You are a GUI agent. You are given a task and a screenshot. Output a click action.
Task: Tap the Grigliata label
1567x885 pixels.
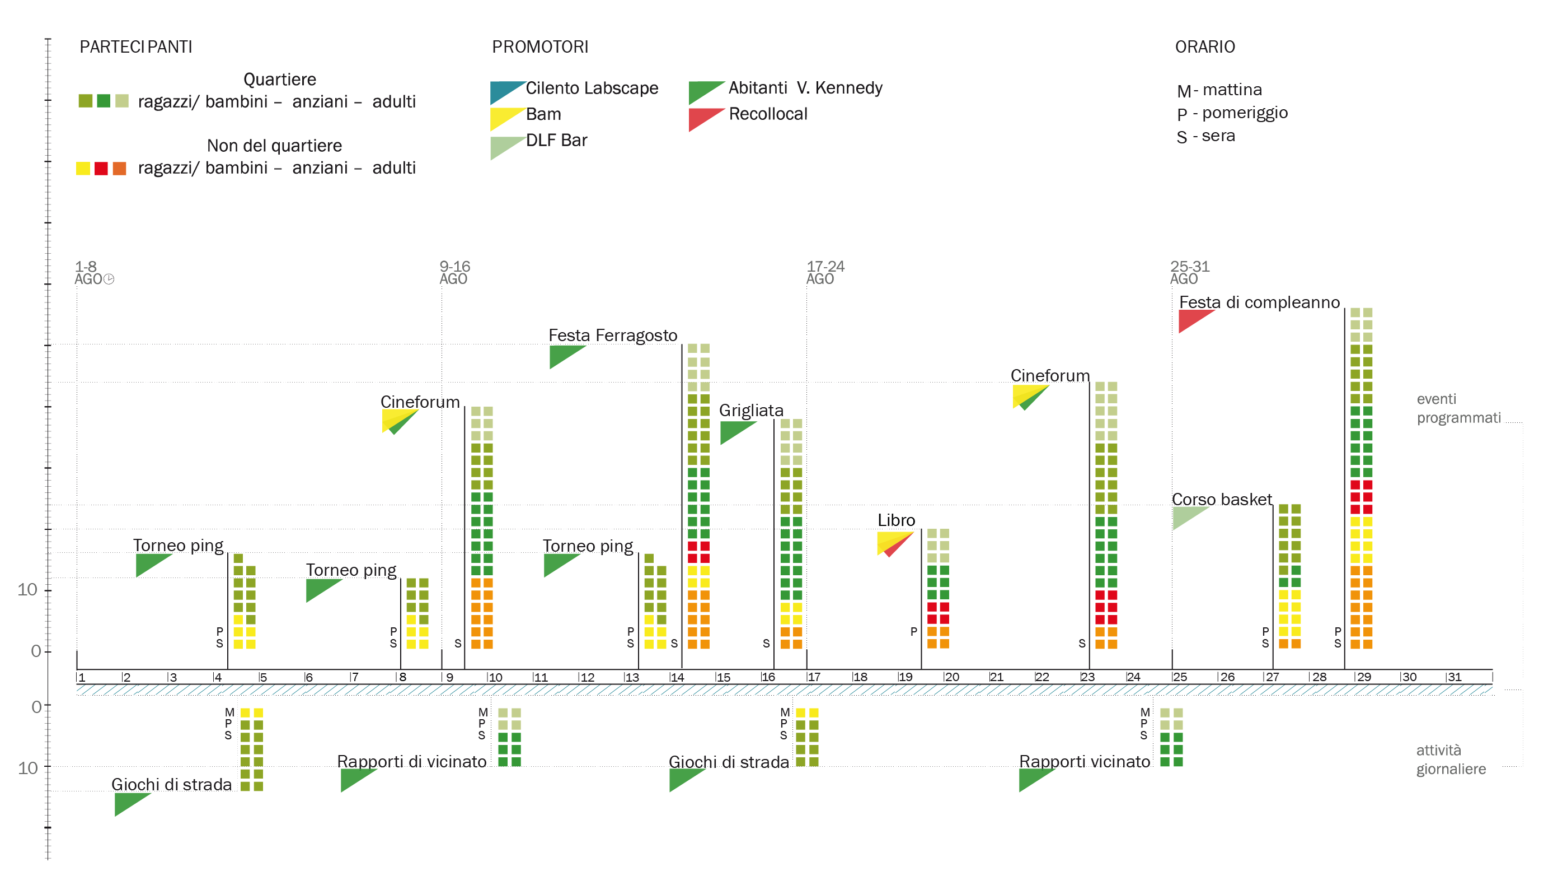[750, 410]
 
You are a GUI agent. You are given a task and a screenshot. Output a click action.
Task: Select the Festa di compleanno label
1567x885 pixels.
[1259, 302]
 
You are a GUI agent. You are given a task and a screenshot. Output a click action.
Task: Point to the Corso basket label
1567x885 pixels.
[1222, 499]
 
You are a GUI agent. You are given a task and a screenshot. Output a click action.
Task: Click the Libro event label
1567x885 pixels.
[895, 520]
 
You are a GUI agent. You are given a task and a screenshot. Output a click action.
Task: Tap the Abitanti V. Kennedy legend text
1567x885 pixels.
[805, 88]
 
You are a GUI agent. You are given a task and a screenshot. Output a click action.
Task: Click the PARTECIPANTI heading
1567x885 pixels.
[135, 47]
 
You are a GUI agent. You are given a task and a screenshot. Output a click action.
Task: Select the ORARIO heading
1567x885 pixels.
[1204, 47]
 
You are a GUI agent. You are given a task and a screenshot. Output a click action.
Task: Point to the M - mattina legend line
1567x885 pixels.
[1219, 90]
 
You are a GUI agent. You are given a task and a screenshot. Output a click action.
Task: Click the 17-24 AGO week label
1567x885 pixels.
[825, 272]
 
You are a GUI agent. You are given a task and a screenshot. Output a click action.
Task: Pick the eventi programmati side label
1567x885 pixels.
[1457, 408]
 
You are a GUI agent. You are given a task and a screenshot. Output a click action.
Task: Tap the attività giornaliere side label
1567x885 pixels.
[1450, 760]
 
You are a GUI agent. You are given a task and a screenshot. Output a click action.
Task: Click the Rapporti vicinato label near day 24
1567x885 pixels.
[1084, 761]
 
